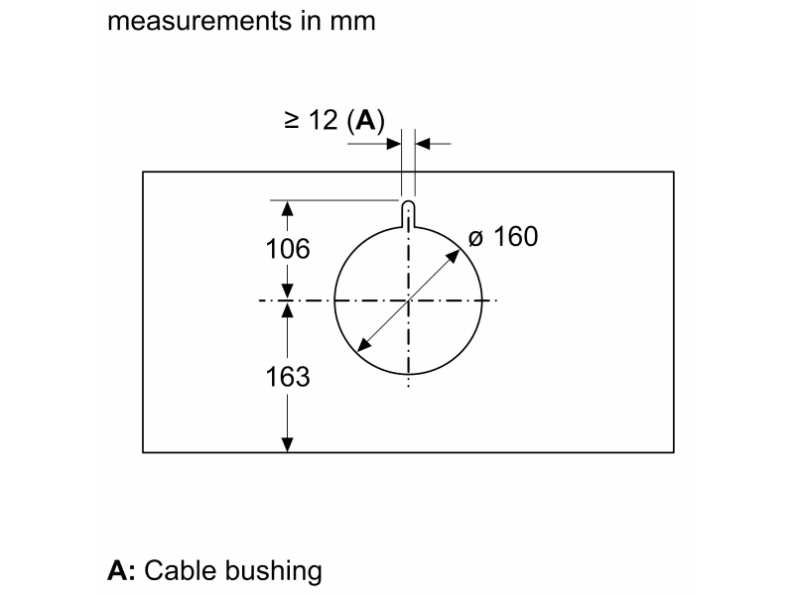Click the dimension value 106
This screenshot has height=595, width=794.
pyautogui.click(x=288, y=249)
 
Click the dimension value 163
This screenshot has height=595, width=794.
pyautogui.click(x=288, y=377)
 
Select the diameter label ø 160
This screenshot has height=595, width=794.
pyautogui.click(x=503, y=236)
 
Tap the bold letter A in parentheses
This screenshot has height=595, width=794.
pyautogui.click(x=366, y=120)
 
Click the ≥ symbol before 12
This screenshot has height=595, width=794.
pyautogui.click(x=291, y=120)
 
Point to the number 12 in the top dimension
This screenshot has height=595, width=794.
pyautogui.click(x=324, y=120)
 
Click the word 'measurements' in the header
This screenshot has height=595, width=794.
pyautogui.click(x=199, y=21)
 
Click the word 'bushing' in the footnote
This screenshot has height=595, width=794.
pyautogui.click(x=274, y=571)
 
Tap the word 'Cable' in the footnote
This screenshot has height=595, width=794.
pyautogui.click(x=181, y=570)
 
